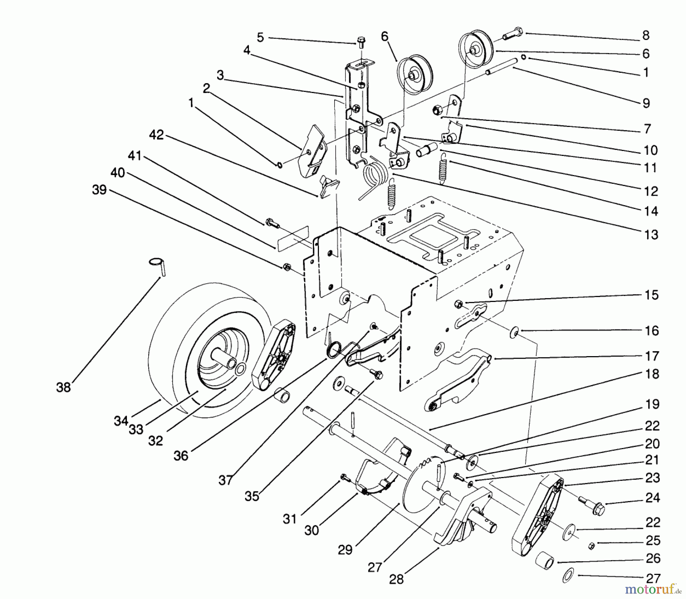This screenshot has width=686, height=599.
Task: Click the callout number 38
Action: click(x=63, y=387)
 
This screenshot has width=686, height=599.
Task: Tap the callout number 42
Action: click(x=157, y=135)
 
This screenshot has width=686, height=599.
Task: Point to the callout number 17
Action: click(x=652, y=356)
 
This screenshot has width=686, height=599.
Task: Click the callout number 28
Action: click(x=396, y=580)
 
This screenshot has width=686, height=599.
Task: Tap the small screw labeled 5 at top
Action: click(x=361, y=41)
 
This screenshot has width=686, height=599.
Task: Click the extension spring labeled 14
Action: click(x=442, y=168)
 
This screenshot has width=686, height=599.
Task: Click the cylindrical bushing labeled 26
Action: click(x=544, y=561)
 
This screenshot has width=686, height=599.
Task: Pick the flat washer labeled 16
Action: click(x=514, y=334)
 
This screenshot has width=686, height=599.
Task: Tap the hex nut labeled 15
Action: click(x=459, y=304)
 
